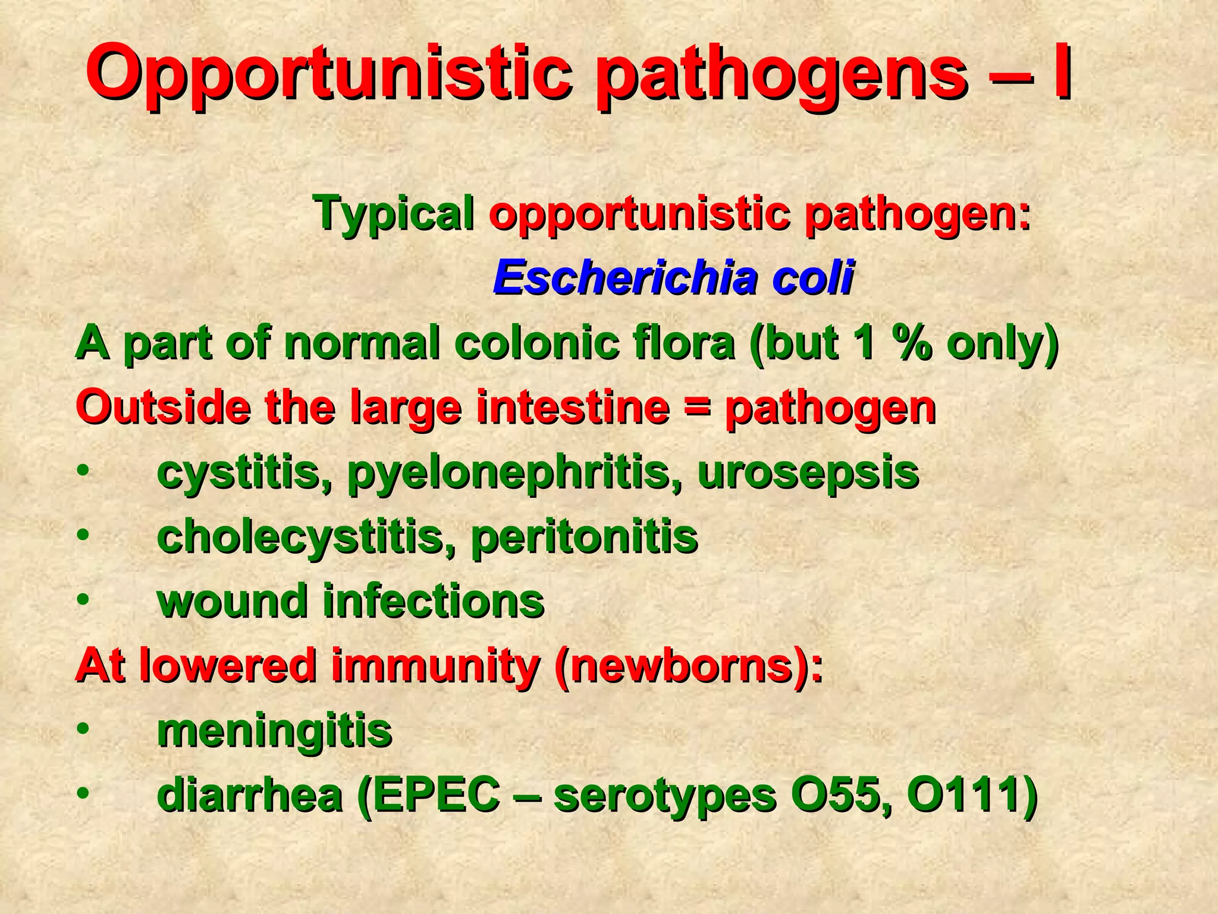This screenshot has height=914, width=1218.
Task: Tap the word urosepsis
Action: coord(808,474)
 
